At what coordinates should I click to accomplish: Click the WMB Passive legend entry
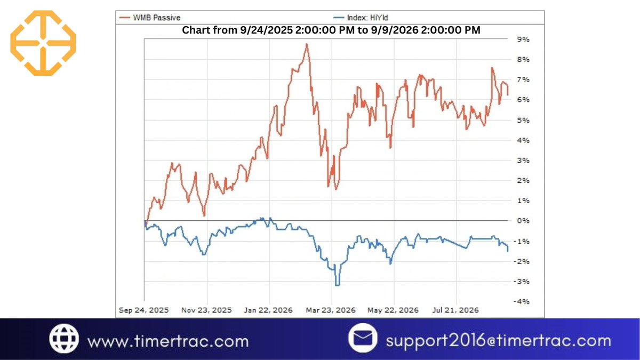[x=150, y=18]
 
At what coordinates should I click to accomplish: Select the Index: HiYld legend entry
[x=361, y=18]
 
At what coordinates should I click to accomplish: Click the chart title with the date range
[x=331, y=30]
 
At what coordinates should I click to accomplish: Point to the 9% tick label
[x=523, y=39]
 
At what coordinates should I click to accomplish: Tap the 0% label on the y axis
[x=523, y=221]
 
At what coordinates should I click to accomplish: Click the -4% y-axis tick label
[x=522, y=301]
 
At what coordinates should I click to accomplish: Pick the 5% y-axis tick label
[x=523, y=121]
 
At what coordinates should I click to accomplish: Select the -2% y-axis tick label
[x=522, y=261]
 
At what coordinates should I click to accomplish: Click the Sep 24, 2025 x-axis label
[x=143, y=310]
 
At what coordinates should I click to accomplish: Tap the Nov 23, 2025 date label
[x=206, y=310]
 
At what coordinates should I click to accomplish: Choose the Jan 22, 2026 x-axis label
[x=268, y=310]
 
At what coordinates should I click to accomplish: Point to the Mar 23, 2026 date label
[x=331, y=310]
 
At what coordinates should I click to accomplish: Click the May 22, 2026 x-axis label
[x=393, y=310]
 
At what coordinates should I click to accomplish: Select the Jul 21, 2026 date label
[x=455, y=310]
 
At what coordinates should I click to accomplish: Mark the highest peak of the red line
[x=307, y=44]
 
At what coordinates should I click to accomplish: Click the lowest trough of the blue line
[x=338, y=285]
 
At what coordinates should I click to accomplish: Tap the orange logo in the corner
[x=43, y=43]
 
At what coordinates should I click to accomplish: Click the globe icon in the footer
[x=64, y=339]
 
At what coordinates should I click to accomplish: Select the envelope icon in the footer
[x=363, y=338]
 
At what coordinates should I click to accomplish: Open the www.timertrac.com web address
[x=168, y=341]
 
